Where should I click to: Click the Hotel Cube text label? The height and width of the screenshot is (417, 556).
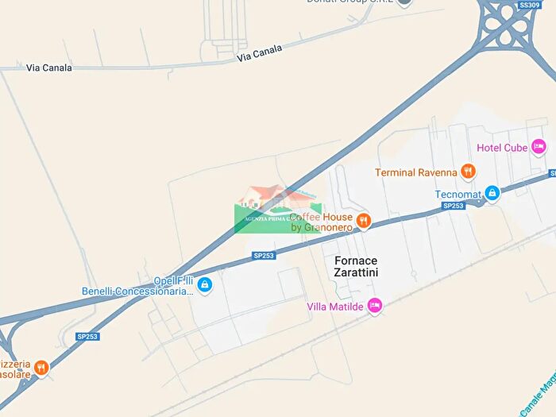click(x=502, y=147)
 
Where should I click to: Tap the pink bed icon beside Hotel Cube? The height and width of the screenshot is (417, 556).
click(x=539, y=146)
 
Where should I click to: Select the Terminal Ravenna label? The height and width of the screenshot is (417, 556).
click(x=416, y=172)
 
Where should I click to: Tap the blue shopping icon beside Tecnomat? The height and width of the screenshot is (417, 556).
click(x=492, y=192)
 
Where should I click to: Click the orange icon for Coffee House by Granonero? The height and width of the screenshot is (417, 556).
click(x=363, y=221)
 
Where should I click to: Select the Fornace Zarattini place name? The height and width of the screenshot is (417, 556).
click(x=356, y=266)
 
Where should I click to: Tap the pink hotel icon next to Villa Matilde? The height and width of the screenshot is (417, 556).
click(x=376, y=305)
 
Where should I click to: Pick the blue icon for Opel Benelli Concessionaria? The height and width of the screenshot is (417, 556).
click(x=205, y=284)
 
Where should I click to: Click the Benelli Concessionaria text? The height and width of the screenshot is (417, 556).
click(x=137, y=292)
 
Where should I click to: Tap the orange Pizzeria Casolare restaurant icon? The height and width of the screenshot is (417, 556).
click(x=41, y=367)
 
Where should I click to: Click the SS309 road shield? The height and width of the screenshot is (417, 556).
click(x=529, y=5)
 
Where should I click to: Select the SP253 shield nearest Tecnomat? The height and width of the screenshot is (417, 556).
click(x=453, y=207)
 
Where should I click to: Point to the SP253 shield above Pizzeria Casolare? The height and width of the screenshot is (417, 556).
click(x=87, y=336)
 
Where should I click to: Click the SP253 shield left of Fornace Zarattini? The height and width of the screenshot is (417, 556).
click(x=264, y=255)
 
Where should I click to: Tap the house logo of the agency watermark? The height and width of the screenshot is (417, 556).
click(x=267, y=197)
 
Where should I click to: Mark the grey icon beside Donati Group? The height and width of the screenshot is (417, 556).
click(x=403, y=2)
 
